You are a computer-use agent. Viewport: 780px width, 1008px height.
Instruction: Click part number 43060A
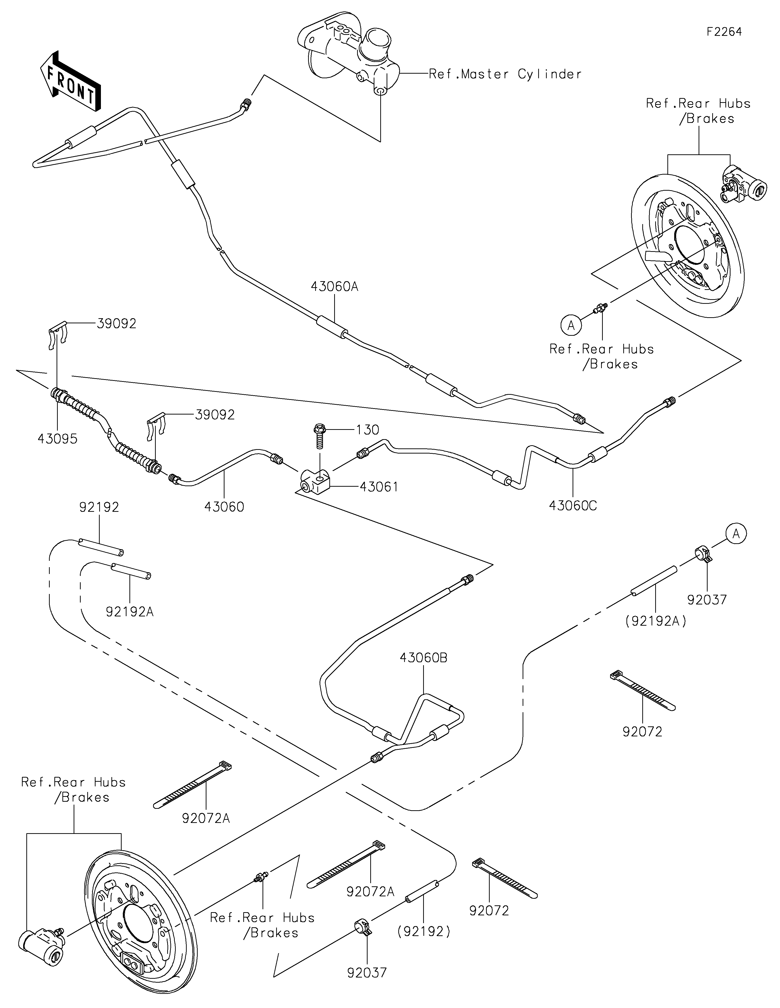point(334,287)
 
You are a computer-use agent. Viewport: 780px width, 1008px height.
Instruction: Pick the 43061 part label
point(379,487)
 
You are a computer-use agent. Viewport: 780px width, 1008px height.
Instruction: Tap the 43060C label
point(572,506)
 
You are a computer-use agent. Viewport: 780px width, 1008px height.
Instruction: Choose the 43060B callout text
point(423,658)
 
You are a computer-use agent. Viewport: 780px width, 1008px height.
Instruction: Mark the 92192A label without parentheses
point(130,612)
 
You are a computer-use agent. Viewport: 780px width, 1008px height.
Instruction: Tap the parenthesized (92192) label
point(423,932)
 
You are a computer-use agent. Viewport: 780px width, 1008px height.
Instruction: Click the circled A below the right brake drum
point(571,325)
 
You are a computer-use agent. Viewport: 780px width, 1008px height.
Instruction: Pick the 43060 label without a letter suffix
point(224,507)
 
